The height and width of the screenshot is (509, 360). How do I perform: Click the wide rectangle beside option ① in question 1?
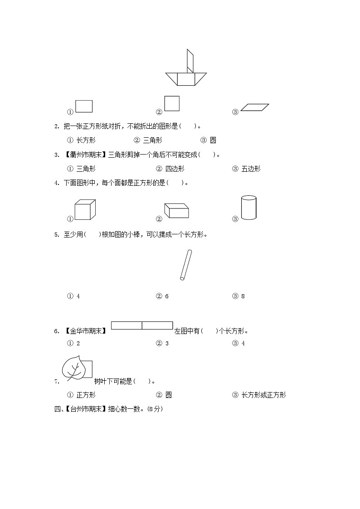84,106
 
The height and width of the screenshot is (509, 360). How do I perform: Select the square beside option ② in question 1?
172,103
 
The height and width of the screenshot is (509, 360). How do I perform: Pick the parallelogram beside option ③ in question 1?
255,107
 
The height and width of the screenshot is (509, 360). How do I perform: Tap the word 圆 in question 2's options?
213,141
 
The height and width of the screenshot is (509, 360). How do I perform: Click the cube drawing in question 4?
85,209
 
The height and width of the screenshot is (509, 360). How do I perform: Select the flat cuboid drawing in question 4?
176,211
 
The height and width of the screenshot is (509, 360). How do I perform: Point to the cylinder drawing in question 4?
249,208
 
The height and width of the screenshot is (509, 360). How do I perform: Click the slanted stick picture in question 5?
185,265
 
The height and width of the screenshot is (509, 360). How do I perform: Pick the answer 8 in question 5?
243,296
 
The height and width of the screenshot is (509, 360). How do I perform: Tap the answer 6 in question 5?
167,296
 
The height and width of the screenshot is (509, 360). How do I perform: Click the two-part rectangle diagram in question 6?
142,325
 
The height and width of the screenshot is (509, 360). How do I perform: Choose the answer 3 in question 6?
167,344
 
